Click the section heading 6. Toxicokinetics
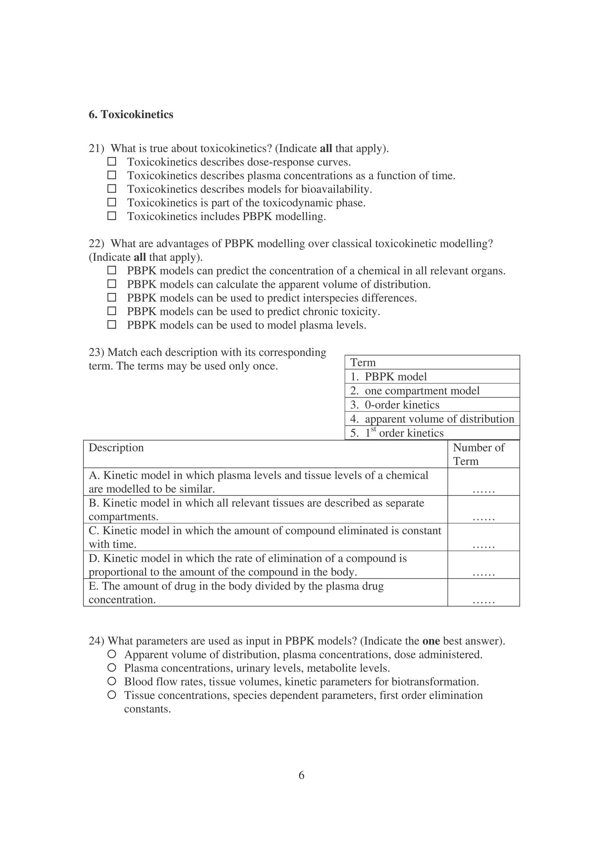[131, 114]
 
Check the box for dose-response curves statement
[112, 162]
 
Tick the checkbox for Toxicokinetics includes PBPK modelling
[112, 216]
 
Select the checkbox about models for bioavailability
[112, 189]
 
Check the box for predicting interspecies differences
[112, 298]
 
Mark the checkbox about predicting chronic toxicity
[112, 311]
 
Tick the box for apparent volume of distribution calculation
[112, 284]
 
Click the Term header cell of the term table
[432, 362]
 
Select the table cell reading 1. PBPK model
[432, 376]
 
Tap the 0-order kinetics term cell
[432, 405]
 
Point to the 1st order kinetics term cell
[432, 433]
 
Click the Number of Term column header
[483, 454]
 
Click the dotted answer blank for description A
[483, 490]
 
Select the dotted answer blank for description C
[483, 546]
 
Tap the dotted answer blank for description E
[483, 601]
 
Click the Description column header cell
[265, 454]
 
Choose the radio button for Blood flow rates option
[112, 681]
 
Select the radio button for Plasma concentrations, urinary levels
[112, 668]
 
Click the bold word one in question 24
[431, 641]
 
